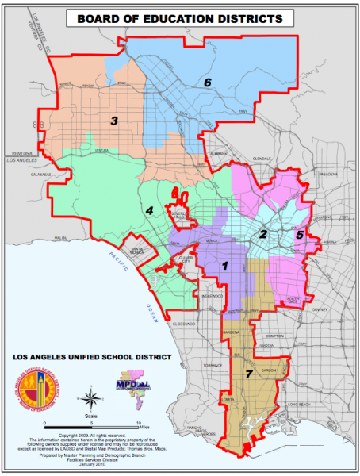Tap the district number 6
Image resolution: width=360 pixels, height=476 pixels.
[208, 82]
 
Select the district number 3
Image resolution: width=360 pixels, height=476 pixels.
[114, 121]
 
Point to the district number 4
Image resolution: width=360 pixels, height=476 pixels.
[148, 210]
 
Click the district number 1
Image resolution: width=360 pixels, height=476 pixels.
[225, 267]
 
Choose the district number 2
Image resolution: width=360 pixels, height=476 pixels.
[262, 234]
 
